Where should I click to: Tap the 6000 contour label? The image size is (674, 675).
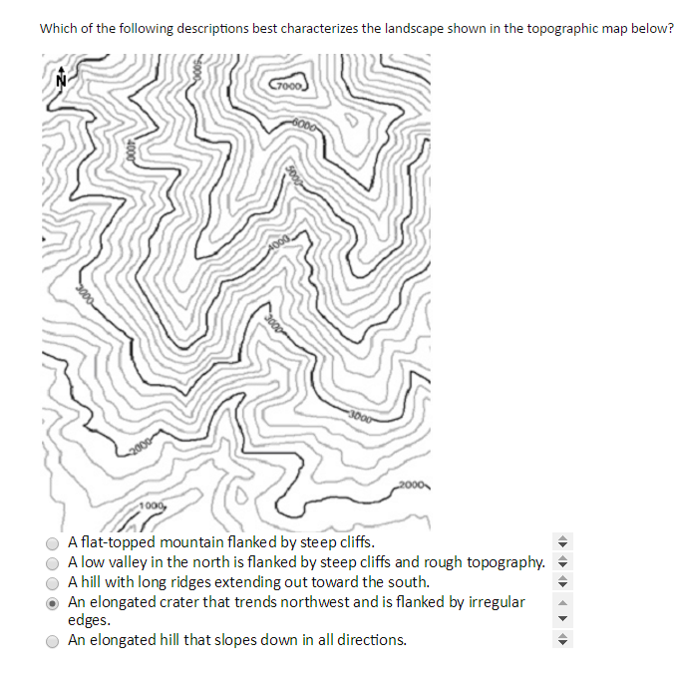[308, 125]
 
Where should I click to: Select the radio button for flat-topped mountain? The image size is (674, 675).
[52, 543]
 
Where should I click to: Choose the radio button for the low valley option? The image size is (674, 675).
[52, 562]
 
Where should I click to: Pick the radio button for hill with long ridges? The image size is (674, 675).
[52, 582]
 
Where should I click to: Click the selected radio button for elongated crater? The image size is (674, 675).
[52, 602]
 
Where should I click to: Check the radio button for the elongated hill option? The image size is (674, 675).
[52, 641]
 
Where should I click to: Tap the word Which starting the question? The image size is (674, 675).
[59, 28]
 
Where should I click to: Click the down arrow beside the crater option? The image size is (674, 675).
[561, 617]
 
